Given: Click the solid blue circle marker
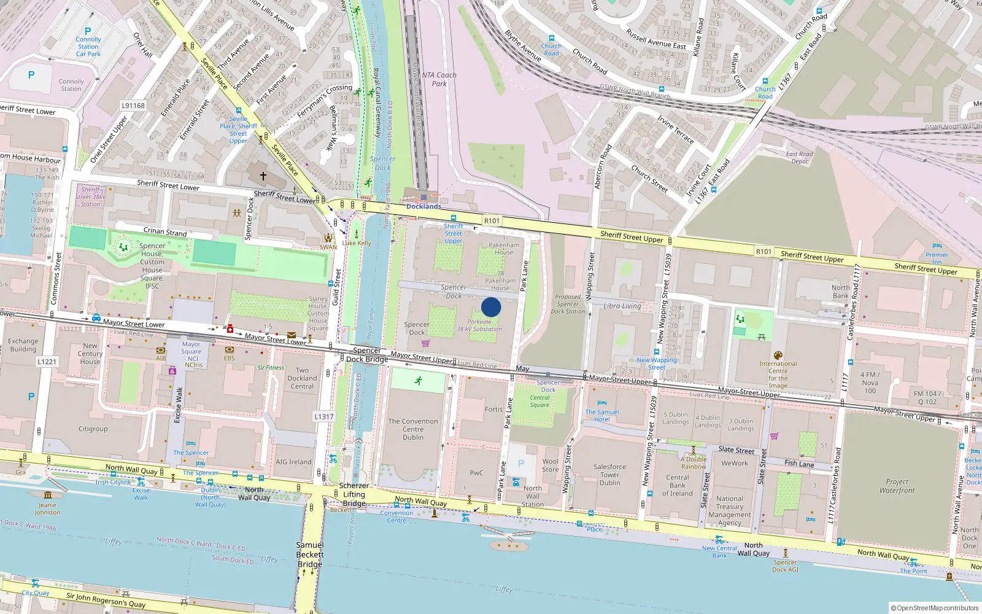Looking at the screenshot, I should pyautogui.click(x=491, y=307).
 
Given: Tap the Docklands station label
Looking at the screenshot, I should pyautogui.click(x=423, y=206).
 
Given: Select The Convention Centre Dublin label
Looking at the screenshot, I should pyautogui.click(x=413, y=429).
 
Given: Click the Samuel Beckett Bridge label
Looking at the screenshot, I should pyautogui.click(x=310, y=554).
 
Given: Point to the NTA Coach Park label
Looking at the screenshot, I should pyautogui.click(x=439, y=79).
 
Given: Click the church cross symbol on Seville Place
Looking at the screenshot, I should pyautogui.click(x=263, y=176).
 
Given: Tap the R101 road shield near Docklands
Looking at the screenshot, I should pyautogui.click(x=492, y=221).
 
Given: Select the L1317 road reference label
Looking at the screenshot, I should pyautogui.click(x=324, y=416).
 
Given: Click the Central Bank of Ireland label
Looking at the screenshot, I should pyautogui.click(x=678, y=485).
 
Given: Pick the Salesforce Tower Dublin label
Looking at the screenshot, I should pyautogui.click(x=609, y=475).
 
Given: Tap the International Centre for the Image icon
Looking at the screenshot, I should pyautogui.click(x=778, y=356).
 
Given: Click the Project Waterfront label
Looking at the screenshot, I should pyautogui.click(x=897, y=486).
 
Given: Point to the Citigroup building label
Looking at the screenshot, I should pyautogui.click(x=93, y=429).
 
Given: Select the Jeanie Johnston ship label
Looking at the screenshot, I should pyautogui.click(x=47, y=508).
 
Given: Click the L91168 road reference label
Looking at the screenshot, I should pyautogui.click(x=133, y=106).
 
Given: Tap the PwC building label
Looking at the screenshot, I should pyautogui.click(x=477, y=473).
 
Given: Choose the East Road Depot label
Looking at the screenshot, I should pyautogui.click(x=799, y=158).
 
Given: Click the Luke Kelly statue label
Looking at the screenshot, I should pyautogui.click(x=357, y=243).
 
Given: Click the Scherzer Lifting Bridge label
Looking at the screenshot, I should pyautogui.click(x=354, y=494).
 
